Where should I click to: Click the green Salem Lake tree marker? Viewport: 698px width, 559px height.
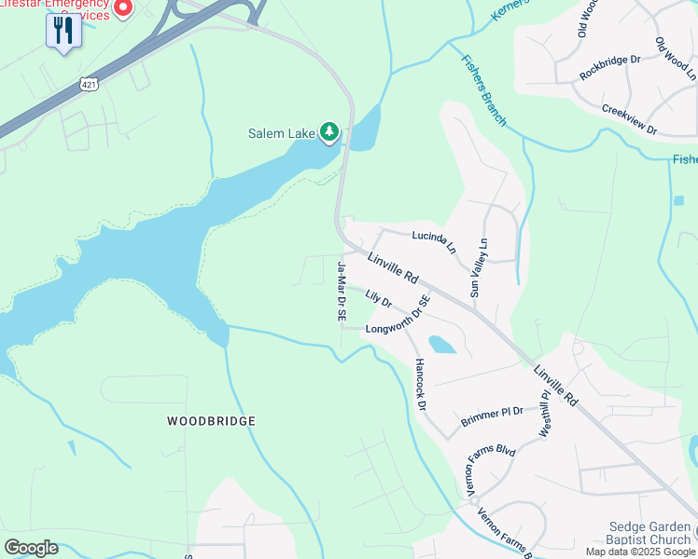[x=328, y=133]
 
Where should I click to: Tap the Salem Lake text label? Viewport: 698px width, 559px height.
[x=281, y=133]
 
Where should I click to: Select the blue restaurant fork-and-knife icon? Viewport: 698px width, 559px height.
[x=63, y=31]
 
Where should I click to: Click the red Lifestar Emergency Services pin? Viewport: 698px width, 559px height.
[x=123, y=8]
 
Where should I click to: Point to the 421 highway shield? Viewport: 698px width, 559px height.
[x=88, y=84]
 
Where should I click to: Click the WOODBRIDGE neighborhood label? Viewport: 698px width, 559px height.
[x=211, y=421]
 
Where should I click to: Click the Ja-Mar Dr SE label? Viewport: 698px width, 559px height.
[x=342, y=292]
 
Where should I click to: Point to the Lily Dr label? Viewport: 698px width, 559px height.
[x=378, y=299]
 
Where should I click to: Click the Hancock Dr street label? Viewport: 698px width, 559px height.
[x=420, y=385]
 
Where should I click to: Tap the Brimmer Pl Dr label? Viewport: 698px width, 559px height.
[x=492, y=416]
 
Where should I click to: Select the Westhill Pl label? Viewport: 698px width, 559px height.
[x=546, y=414]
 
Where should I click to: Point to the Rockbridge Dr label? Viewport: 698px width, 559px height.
[x=609, y=67]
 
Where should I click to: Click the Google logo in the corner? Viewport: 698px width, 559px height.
[x=31, y=548]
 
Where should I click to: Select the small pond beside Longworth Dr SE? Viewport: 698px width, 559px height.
[x=441, y=345]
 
